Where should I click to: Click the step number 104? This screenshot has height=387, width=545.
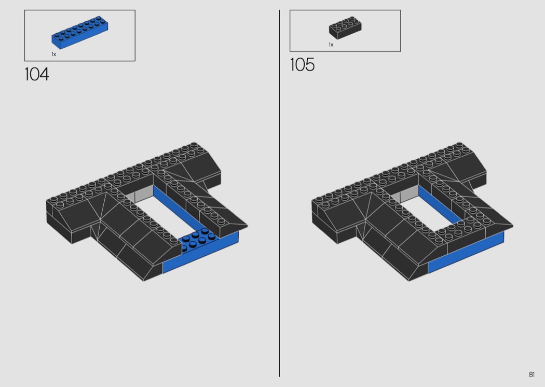tap(37, 74)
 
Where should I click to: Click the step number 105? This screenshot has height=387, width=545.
tap(303, 65)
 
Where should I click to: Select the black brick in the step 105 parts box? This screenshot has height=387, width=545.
tap(345, 27)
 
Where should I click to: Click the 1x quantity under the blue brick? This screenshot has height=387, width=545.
tap(54, 54)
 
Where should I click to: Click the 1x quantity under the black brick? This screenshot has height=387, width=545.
tap(331, 45)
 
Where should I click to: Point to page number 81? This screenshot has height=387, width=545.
tap(532, 375)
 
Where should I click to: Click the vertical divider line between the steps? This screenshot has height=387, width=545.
tap(279, 193)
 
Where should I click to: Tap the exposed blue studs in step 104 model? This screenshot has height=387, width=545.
tap(199, 240)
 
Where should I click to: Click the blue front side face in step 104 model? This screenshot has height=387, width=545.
tap(200, 253)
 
